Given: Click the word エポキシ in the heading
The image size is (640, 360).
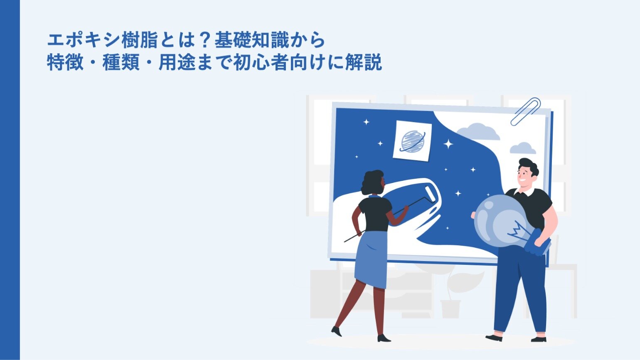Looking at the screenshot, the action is click(83, 40).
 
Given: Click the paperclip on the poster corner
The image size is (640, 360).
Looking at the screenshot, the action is click(525, 111).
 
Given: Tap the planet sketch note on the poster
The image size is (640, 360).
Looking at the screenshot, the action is click(412, 141).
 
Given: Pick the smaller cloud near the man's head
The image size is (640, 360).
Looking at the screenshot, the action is click(523, 148).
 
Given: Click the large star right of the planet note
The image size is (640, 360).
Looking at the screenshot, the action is click(448, 144).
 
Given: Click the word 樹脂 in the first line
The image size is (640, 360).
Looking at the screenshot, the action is click(139, 40).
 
